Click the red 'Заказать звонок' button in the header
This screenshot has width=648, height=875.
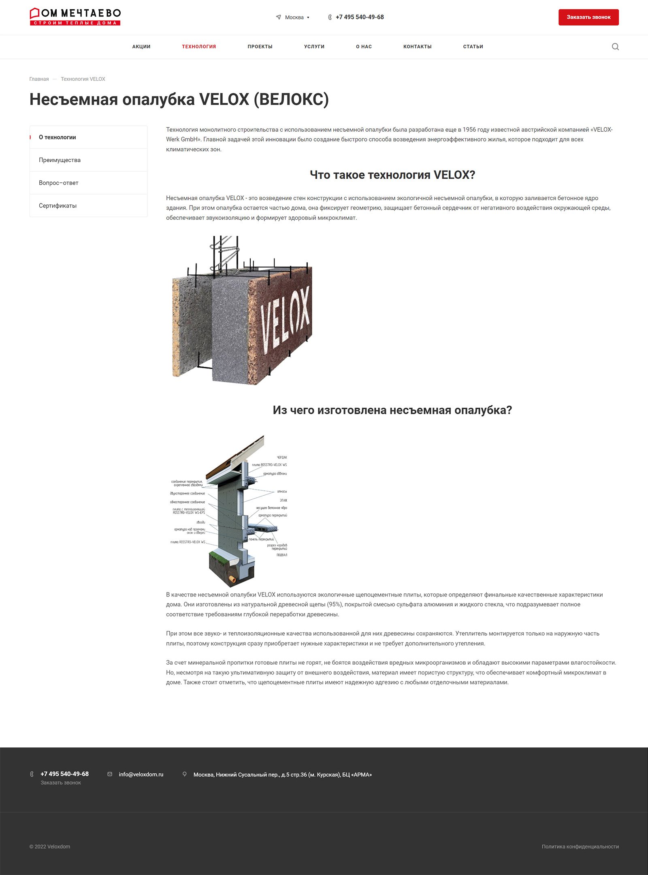(588, 17)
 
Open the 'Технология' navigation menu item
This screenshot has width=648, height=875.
(199, 47)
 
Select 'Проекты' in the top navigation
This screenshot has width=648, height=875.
(260, 47)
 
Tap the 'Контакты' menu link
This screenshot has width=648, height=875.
(417, 47)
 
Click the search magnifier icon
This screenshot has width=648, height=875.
(615, 47)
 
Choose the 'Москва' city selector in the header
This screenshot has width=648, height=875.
(294, 17)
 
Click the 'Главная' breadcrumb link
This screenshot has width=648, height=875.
(39, 79)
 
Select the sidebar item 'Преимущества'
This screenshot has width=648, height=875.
(60, 160)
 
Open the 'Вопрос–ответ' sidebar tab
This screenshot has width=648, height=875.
(59, 183)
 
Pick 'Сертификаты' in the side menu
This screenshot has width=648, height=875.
(58, 205)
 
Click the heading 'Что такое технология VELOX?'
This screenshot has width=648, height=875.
(392, 175)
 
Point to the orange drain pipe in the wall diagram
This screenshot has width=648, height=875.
(232, 580)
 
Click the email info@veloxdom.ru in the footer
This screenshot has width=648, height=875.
(141, 774)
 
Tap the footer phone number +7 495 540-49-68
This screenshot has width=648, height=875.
(64, 774)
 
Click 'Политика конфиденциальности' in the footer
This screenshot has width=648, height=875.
(580, 847)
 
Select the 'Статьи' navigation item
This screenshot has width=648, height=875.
(473, 47)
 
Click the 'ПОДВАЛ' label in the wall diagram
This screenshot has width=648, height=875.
(282, 555)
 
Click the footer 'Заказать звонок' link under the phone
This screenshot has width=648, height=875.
(61, 783)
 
